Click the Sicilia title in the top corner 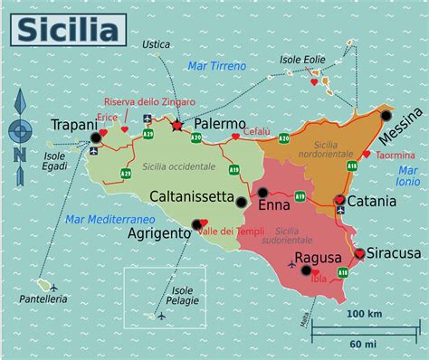66,30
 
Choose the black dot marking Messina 386,116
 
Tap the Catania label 371,200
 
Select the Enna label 274,205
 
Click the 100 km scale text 363,313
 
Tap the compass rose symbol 20,133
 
